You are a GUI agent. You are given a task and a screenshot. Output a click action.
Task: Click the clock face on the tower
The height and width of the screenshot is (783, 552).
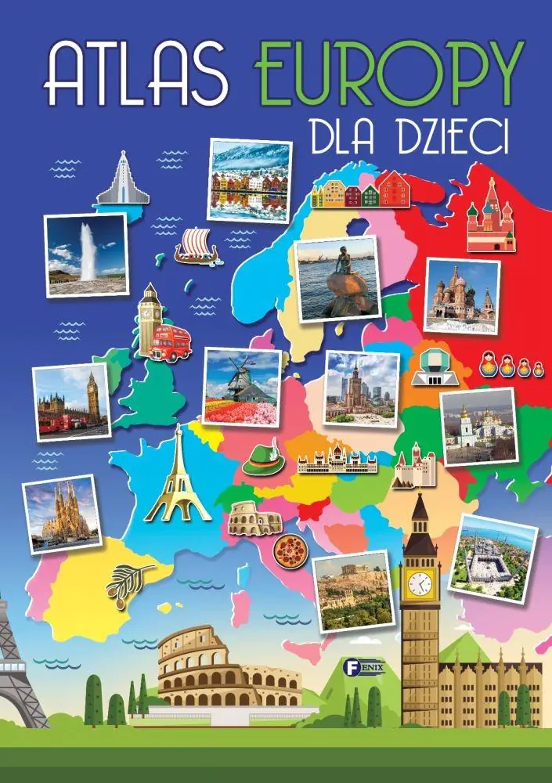(x=420, y=583)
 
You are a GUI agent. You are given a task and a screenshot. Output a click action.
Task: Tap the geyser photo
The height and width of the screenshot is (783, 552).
(x=86, y=254)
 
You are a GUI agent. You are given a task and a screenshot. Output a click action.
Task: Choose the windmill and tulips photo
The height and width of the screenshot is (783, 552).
(x=242, y=385)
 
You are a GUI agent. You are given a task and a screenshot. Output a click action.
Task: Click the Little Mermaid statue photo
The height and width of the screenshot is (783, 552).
(x=337, y=278)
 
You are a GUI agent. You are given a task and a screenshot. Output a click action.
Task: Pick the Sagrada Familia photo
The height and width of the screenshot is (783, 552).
(x=63, y=514)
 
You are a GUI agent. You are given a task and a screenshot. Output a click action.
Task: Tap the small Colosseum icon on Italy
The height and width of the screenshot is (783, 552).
(x=254, y=517)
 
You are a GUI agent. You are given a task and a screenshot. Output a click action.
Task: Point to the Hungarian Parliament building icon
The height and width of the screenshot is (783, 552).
(x=337, y=464)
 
